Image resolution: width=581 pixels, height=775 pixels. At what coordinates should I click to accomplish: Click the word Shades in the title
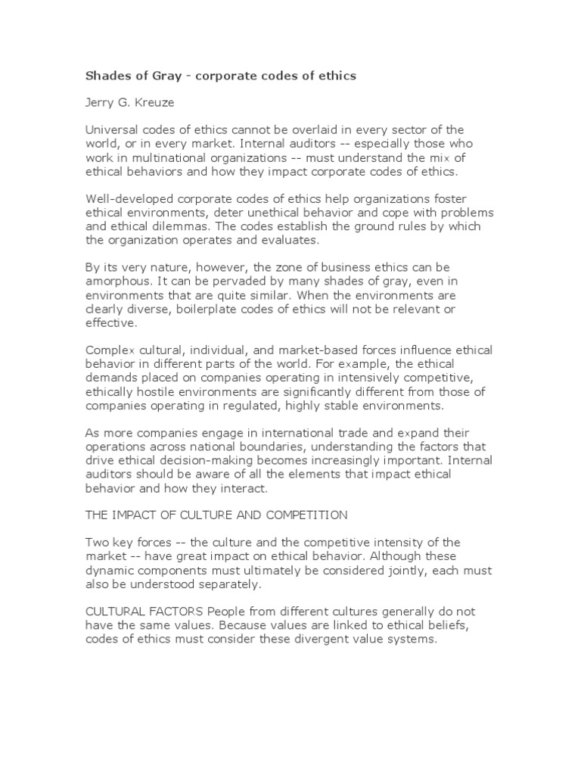pos(104,76)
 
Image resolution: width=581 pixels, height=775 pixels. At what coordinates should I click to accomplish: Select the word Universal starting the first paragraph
pos(110,129)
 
